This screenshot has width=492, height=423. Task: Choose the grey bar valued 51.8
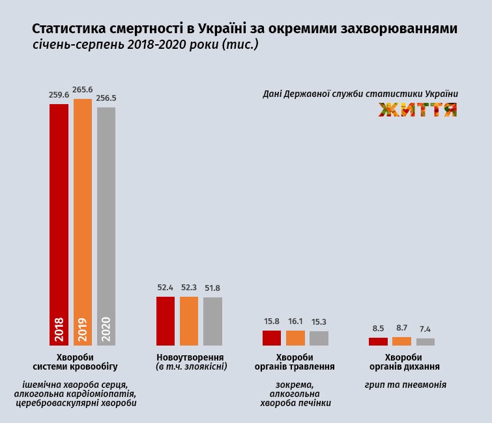[212, 321]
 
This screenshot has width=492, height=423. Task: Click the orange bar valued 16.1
[295, 338]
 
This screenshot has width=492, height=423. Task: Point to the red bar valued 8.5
[378, 342]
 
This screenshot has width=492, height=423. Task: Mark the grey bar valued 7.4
[425, 342]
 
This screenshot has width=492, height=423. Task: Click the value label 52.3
[189, 288]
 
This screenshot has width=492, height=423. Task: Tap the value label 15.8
[272, 321]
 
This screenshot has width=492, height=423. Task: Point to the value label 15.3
[319, 322]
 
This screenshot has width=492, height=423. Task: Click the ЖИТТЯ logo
[418, 110]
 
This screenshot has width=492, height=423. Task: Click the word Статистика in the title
[68, 30]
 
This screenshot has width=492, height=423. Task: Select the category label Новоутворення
[190, 357]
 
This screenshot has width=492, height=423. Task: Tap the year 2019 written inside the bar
[83, 329]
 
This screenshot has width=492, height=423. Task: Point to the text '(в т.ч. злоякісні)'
[190, 367]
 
